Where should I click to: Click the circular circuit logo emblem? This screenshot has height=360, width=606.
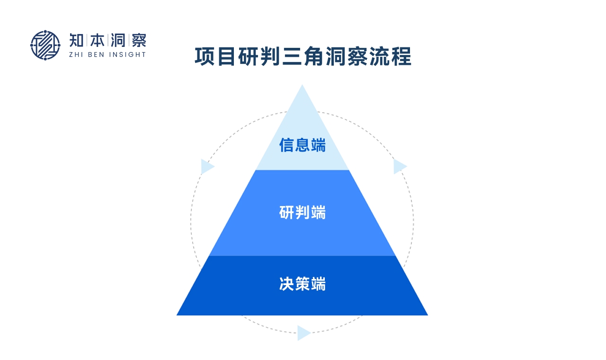pyautogui.click(x=45, y=45)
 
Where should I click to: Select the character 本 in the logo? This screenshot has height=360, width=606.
pyautogui.click(x=98, y=40)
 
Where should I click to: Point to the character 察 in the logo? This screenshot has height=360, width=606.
pyautogui.click(x=138, y=40)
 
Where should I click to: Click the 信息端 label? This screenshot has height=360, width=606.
pyautogui.click(x=303, y=145)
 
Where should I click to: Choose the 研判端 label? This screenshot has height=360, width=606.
pyautogui.click(x=303, y=213)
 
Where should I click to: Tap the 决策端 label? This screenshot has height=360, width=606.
pyautogui.click(x=303, y=284)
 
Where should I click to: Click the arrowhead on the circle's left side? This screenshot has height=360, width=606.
pyautogui.click(x=207, y=167)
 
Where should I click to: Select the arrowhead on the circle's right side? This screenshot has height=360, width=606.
pyautogui.click(x=400, y=167)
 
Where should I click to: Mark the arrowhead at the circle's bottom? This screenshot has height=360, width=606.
pyautogui.click(x=303, y=333)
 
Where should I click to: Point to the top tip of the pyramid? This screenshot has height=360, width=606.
pyautogui.click(x=302, y=86)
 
